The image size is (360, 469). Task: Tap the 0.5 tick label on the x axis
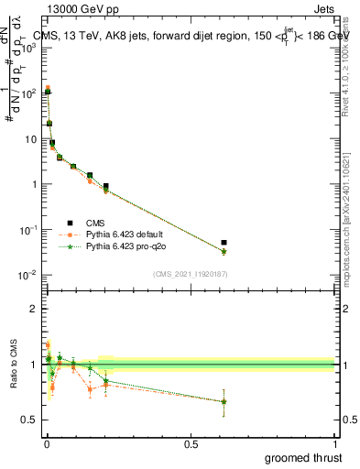(191, 444)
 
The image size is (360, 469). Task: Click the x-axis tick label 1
(335, 444)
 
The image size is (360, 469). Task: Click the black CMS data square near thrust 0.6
(224, 243)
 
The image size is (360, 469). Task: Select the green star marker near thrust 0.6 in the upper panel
(224, 252)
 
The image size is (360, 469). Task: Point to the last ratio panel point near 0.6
(224, 401)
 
